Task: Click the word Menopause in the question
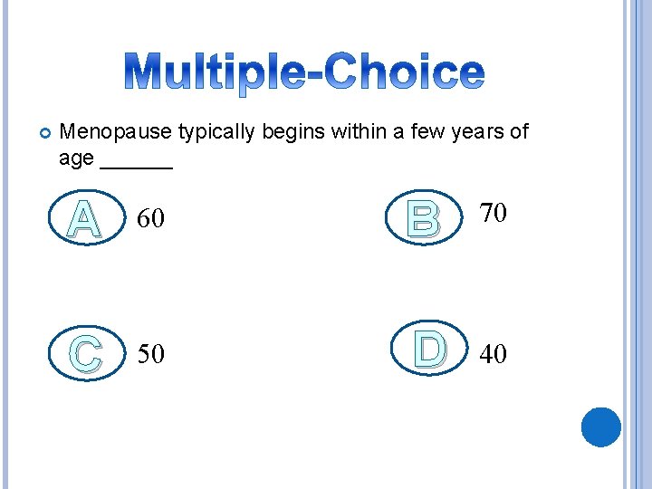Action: [x=115, y=132]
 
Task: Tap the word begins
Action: [x=294, y=132]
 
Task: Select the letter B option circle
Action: [x=423, y=216]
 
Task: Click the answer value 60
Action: [x=150, y=218]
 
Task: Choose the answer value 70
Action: [x=494, y=213]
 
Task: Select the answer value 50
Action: [x=150, y=354]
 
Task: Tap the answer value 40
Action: [x=494, y=354]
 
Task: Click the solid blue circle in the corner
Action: [x=600, y=427]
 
